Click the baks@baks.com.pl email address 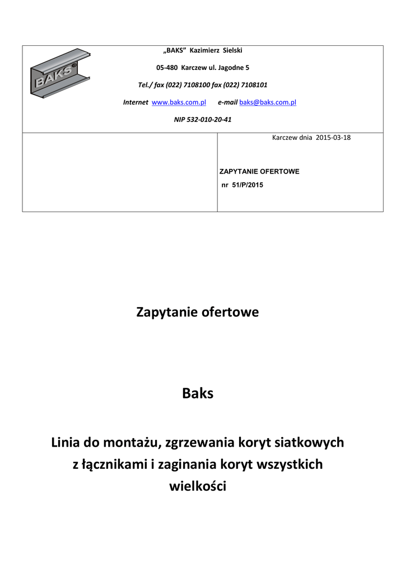point(268,102)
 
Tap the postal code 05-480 point(166,68)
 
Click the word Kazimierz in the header point(205,50)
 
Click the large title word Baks point(198,393)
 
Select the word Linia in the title point(65,443)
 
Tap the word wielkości point(197,486)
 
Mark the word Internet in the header point(136,102)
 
